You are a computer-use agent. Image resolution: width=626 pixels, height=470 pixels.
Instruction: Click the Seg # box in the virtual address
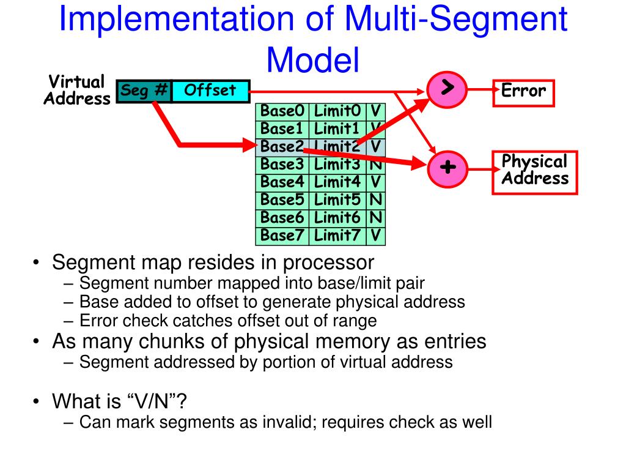144,91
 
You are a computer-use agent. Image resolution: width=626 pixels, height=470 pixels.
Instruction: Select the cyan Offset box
211,91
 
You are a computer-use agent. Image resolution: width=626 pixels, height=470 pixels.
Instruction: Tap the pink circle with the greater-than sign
447,89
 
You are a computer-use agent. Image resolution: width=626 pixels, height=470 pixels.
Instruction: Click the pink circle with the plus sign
447,169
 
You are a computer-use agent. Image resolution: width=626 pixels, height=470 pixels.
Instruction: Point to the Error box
523,93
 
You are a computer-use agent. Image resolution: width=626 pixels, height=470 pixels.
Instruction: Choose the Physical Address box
535,172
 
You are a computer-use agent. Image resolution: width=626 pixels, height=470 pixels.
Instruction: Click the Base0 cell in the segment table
282,111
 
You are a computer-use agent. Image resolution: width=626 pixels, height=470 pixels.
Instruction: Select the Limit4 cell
337,182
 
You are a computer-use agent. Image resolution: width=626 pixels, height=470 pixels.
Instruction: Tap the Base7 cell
282,236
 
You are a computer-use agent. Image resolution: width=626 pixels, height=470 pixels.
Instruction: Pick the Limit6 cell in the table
337,218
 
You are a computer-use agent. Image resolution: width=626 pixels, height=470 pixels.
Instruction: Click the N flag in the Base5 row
376,200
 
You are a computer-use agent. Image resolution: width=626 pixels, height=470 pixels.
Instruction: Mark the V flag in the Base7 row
376,236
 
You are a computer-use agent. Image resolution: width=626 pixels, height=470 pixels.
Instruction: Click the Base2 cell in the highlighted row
282,147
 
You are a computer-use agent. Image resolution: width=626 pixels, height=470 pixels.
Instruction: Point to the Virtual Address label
76,91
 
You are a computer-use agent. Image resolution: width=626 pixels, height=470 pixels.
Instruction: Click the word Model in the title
313,60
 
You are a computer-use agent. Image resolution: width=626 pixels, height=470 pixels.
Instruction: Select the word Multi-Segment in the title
455,19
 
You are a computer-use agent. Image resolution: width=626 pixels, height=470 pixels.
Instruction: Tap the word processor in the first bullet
328,263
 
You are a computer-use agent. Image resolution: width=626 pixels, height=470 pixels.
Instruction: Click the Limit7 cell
337,236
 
